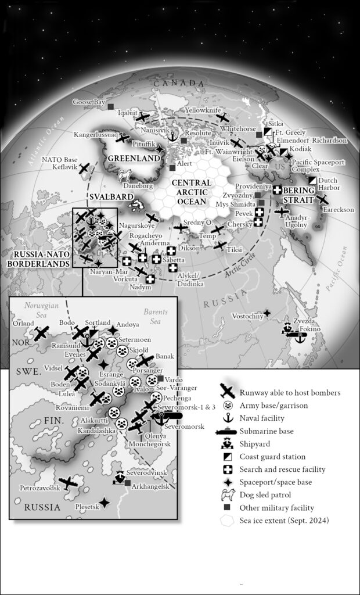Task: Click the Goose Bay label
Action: (x=88, y=102)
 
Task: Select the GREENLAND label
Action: (x=131, y=158)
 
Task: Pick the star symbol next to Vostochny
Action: (x=267, y=314)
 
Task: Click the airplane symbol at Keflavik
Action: (x=85, y=167)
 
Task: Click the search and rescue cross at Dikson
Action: (x=171, y=250)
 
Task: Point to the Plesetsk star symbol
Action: (x=104, y=501)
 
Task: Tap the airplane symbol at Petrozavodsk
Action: (x=69, y=482)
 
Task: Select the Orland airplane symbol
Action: (x=41, y=333)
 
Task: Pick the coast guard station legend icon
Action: (x=229, y=457)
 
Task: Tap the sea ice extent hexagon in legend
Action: (x=229, y=521)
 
